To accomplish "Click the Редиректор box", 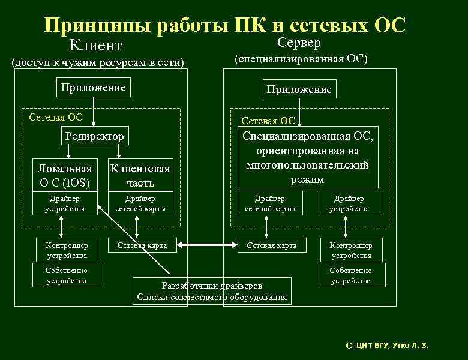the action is point(94,136).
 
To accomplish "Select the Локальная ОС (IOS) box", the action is point(65,175).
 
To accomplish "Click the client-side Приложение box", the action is point(93,88).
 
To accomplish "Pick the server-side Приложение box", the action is point(299,89).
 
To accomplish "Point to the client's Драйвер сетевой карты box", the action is point(140,203).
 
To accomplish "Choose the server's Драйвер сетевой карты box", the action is point(270,203).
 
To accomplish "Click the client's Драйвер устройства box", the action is point(65,203).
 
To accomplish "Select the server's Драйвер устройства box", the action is point(349,203).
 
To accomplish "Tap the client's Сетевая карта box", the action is point(142,245).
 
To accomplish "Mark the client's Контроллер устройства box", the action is point(66,250).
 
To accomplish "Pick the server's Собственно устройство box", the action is point(351,275).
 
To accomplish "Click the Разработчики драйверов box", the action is point(212,291).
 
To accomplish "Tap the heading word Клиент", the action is point(96,46).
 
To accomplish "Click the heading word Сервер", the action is point(300,43).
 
